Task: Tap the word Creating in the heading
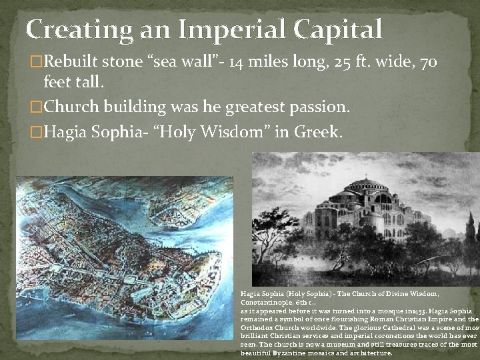click(81, 30)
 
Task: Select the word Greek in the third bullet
click(318, 132)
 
